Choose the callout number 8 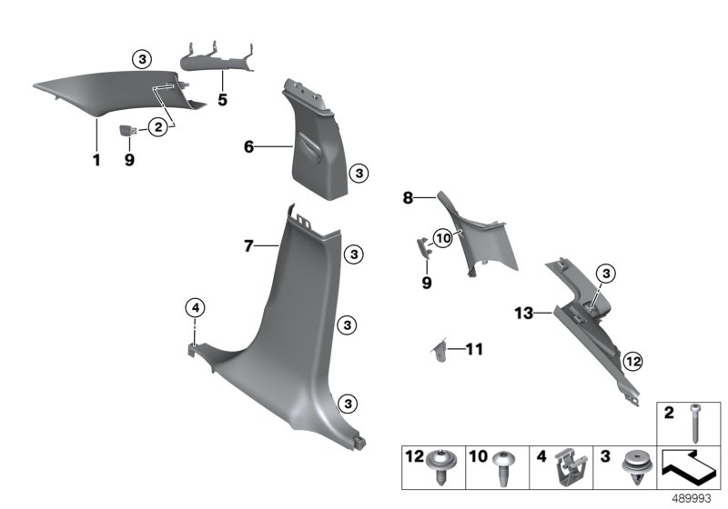(x=409, y=196)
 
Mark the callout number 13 (x=522, y=313)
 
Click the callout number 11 (x=474, y=348)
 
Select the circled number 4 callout (x=195, y=307)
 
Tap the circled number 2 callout (x=158, y=128)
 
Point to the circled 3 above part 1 (x=141, y=59)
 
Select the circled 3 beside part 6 (x=359, y=172)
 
